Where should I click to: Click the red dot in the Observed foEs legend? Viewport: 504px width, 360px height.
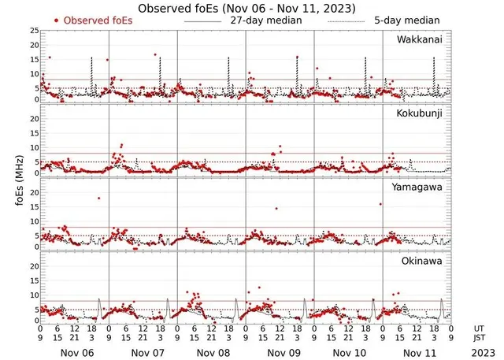[56, 20]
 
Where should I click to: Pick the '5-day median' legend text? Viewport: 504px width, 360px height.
[406, 20]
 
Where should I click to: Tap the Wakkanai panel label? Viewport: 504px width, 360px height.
[421, 39]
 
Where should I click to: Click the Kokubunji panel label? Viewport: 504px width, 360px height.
[420, 114]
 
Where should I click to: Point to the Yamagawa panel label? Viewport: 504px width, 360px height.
[419, 188]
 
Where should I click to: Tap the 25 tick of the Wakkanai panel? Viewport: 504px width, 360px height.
[31, 30]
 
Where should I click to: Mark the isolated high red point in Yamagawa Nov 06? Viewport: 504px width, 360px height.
[98, 198]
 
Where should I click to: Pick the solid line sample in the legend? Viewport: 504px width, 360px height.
[202, 20]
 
